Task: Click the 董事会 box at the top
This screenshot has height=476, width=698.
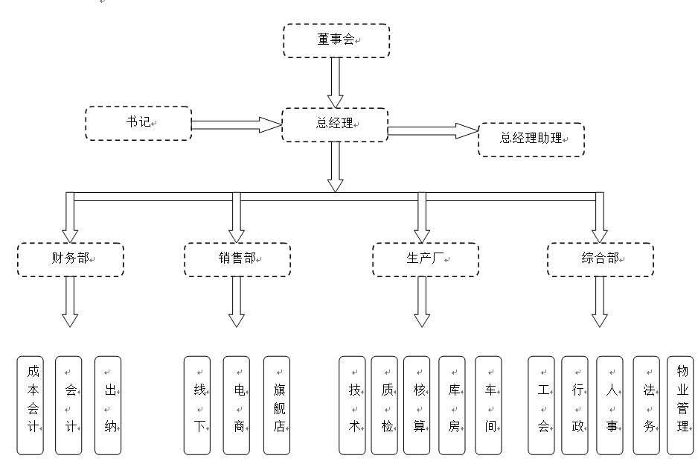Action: click(x=336, y=40)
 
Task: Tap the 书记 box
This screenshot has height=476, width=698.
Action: click(x=138, y=123)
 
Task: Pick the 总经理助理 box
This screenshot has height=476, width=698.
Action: click(x=531, y=139)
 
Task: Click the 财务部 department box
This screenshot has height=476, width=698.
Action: click(x=71, y=258)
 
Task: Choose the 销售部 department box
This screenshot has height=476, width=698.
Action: click(x=237, y=258)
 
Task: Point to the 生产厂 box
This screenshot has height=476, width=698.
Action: click(x=425, y=258)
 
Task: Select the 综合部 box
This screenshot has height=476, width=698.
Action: click(x=600, y=258)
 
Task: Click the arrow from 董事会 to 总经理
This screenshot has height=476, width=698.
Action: click(x=336, y=82)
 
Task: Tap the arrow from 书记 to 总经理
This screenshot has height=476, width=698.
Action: click(x=235, y=124)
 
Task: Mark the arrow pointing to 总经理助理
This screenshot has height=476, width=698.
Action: click(x=432, y=132)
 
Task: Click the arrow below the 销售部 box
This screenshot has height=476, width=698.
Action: click(x=237, y=302)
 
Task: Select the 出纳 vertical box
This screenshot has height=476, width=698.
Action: click(x=108, y=405)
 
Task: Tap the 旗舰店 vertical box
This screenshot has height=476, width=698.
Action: click(x=277, y=405)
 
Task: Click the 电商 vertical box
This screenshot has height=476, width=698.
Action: click(x=236, y=405)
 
